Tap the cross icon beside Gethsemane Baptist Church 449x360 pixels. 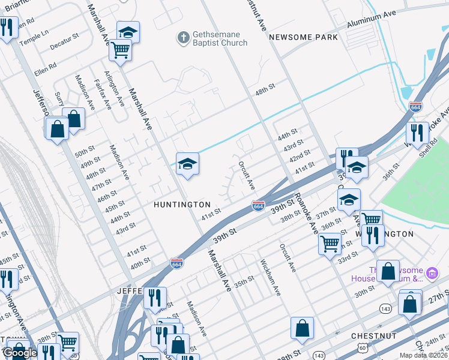[x=183, y=38]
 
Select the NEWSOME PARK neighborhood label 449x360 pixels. [x=303, y=37]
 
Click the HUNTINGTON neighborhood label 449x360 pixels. [x=182, y=205]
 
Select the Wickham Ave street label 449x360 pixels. [x=270, y=277]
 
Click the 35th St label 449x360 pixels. [x=244, y=282]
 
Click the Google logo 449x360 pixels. [x=20, y=353]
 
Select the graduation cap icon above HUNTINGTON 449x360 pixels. [x=187, y=164]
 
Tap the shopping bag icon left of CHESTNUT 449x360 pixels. [x=302, y=328]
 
